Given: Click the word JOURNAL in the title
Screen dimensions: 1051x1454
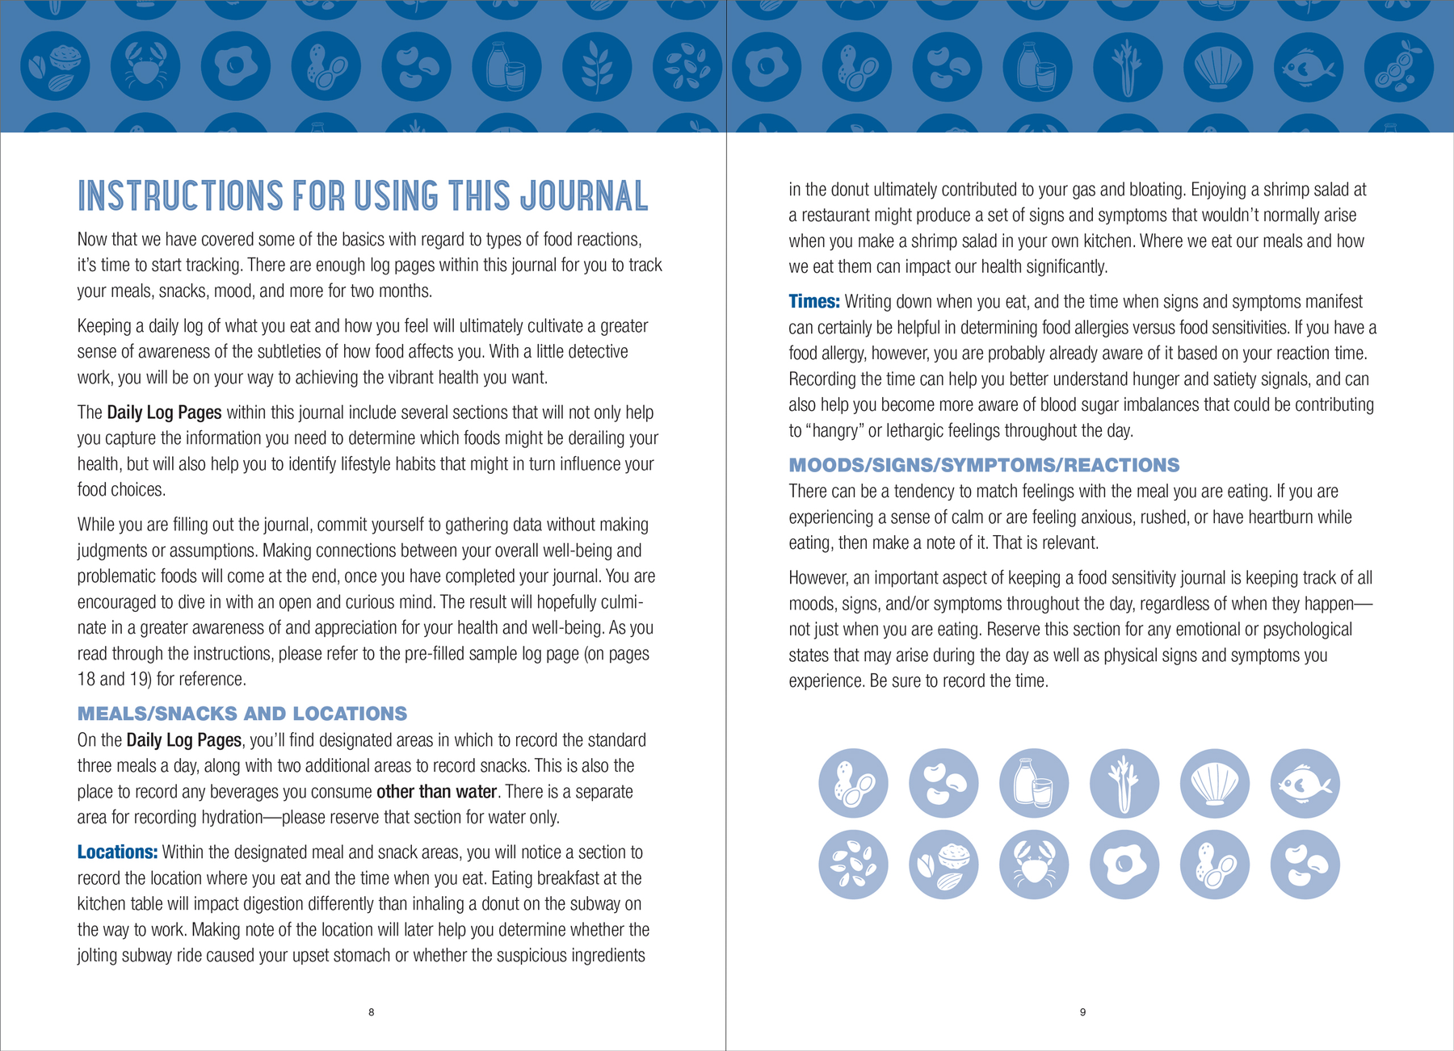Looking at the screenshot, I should click(x=583, y=196).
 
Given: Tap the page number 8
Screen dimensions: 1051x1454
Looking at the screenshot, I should click(x=371, y=1012).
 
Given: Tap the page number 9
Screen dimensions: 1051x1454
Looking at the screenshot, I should click(x=1082, y=1012).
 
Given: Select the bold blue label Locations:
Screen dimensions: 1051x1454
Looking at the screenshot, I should click(x=117, y=852).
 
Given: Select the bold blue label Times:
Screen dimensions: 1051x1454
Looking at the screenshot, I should click(x=813, y=302).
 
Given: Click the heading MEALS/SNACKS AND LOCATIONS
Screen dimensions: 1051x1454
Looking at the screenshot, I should click(x=242, y=714).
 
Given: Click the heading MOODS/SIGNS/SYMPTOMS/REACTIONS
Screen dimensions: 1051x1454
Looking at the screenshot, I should click(x=983, y=465).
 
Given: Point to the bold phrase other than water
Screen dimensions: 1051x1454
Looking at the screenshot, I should click(x=436, y=792).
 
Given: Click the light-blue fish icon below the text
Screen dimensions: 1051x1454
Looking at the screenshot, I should click(x=1305, y=783).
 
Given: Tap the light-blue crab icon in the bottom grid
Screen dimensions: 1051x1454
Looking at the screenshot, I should click(x=1034, y=865).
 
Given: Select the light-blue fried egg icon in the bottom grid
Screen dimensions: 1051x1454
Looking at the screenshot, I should click(x=1124, y=865).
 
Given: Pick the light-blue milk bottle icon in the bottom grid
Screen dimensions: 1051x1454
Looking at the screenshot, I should click(x=1034, y=783).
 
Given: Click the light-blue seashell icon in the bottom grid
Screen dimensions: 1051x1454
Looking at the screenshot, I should click(x=1214, y=783).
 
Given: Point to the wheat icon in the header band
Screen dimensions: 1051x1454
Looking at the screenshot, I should click(x=597, y=67).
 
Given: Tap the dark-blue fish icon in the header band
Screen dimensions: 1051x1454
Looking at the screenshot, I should click(x=1308, y=67).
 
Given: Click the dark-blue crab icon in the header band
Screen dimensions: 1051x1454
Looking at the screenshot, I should click(x=145, y=67).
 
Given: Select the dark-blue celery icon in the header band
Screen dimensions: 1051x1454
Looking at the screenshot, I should click(x=1128, y=67).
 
